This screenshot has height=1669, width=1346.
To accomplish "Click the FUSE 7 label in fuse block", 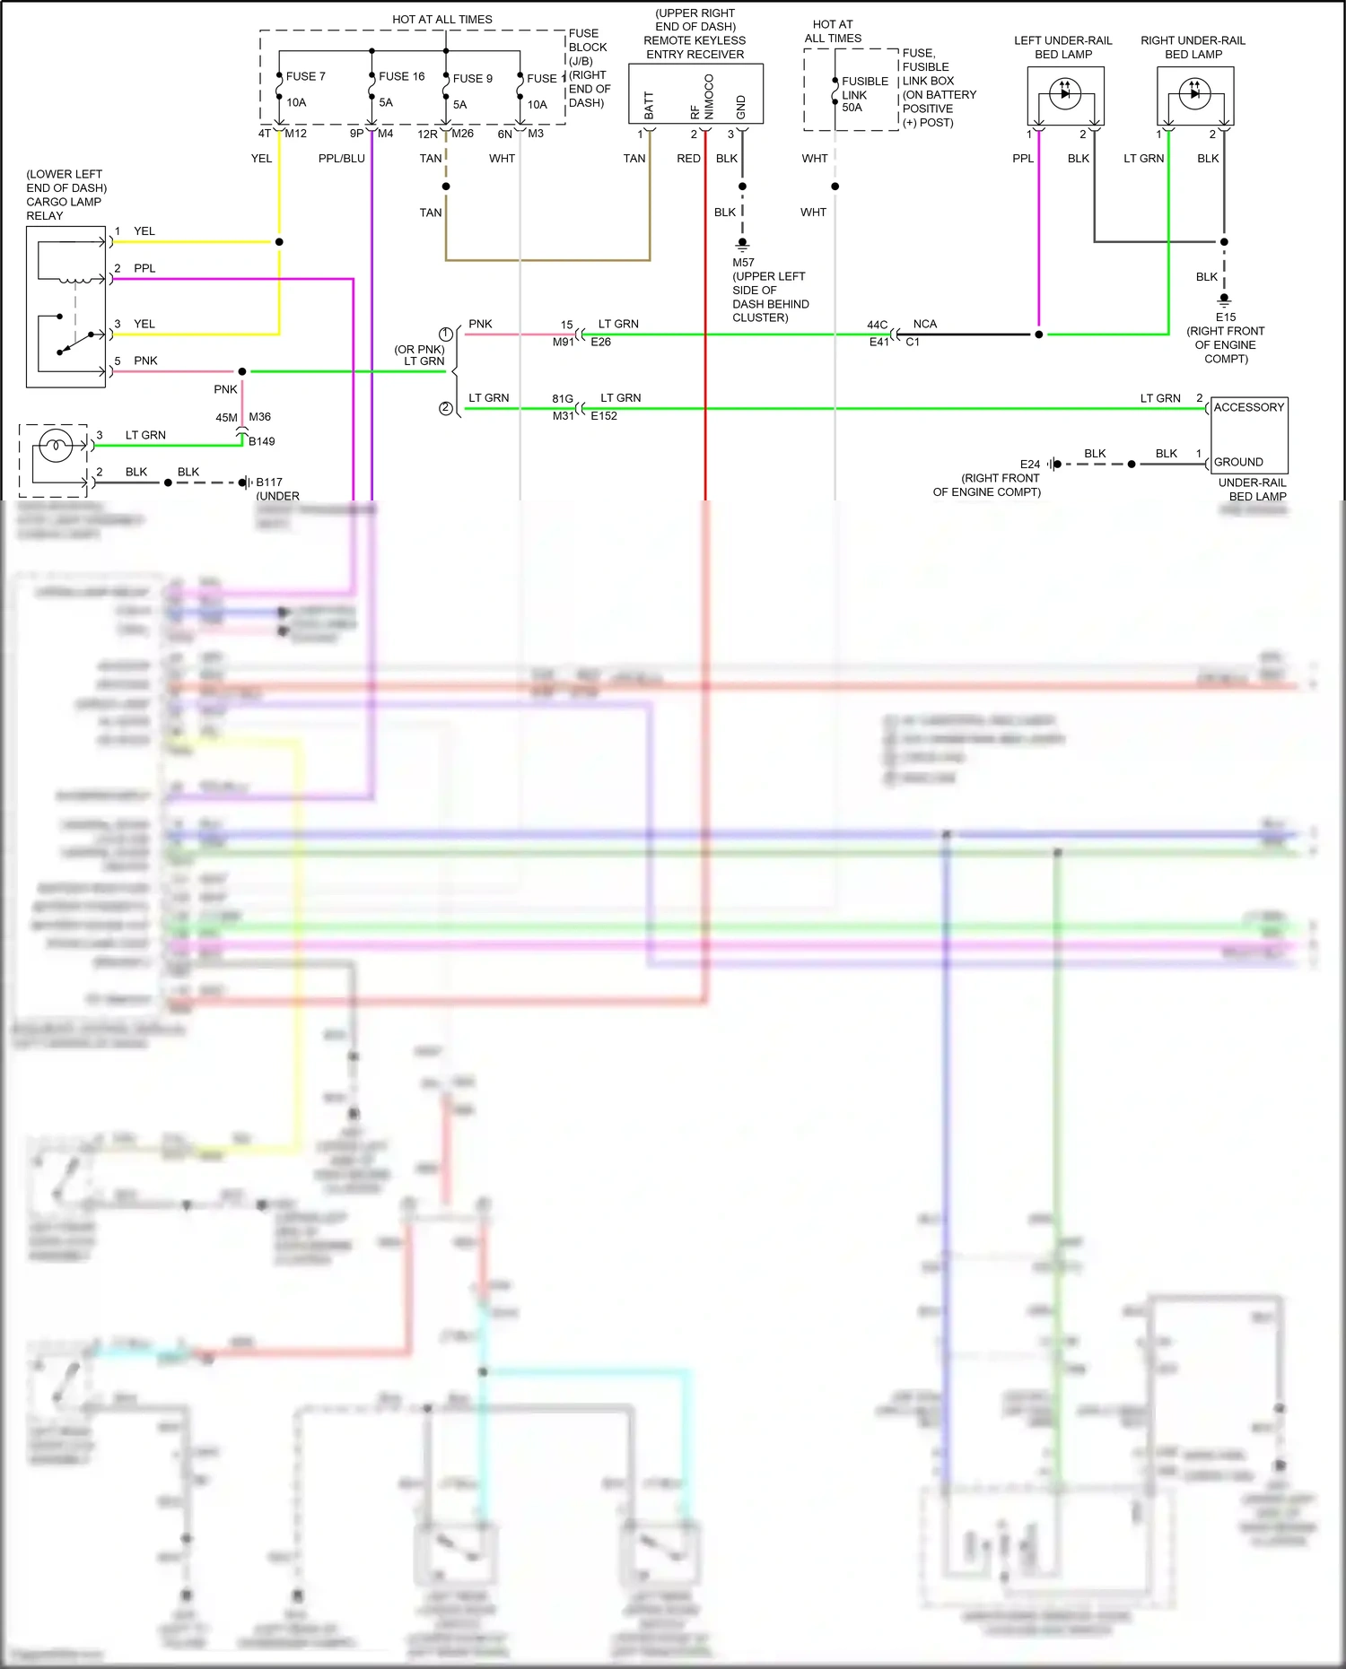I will coord(305,77).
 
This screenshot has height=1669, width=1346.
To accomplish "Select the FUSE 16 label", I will coord(401,77).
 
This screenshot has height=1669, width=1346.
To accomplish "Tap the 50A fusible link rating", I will coord(852,108).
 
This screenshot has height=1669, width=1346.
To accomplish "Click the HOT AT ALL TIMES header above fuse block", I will coord(441,19).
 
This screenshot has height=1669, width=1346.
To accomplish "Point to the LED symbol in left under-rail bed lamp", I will coord(1065,92).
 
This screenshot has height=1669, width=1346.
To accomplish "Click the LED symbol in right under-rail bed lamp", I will coord(1194,92).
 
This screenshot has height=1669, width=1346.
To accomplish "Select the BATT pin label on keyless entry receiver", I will coord(649,105).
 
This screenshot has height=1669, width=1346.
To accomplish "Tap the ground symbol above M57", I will coord(742,244).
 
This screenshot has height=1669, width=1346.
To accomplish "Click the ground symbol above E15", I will coord(1224,300).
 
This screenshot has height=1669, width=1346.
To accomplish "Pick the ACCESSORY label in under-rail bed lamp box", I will coord(1248,407).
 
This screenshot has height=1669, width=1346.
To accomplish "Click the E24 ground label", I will coord(1029,465).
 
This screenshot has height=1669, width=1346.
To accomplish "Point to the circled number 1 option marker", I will coord(445,334).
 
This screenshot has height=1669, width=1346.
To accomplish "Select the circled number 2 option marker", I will coord(445,408).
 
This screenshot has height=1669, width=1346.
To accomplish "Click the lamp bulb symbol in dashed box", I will coord(56,445).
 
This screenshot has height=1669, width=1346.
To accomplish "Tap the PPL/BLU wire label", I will coord(341,159).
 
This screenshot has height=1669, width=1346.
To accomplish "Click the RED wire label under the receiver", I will coord(688,159).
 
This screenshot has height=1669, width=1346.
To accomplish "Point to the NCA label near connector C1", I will coord(924,324).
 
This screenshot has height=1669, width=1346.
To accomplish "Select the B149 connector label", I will coord(261,441).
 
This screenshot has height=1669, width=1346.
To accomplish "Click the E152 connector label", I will coord(603,416).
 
